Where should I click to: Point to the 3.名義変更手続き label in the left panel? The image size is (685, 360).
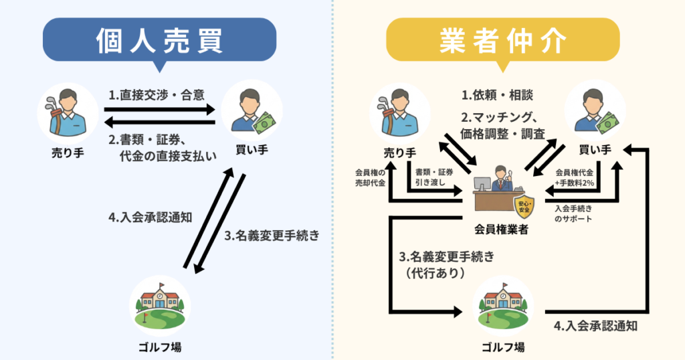272,236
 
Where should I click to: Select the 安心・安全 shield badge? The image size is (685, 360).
521,203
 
